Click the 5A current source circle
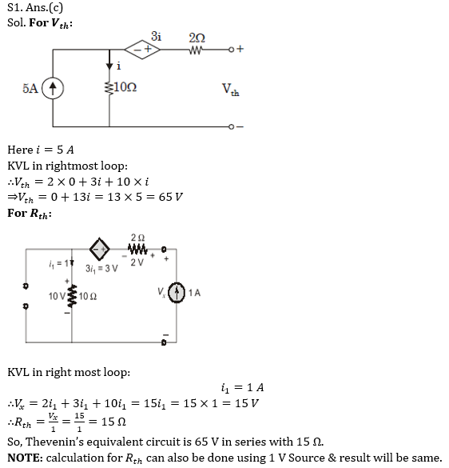pyautogui.click(x=53, y=88)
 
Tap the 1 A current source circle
pyautogui.click(x=177, y=293)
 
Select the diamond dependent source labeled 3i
pyautogui.click(x=142, y=50)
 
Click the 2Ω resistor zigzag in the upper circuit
pyautogui.click(x=197, y=50)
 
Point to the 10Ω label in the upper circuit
pyautogui.click(x=125, y=87)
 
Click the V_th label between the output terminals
pyautogui.click(x=230, y=90)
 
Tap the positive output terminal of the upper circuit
pyautogui.click(x=231, y=50)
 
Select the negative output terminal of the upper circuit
pyautogui.click(x=231, y=127)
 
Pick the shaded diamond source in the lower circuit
pyautogui.click(x=100, y=249)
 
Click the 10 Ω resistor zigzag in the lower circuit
pyautogui.click(x=72, y=296)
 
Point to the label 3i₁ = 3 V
pyautogui.click(x=101, y=269)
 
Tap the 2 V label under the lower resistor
pyautogui.click(x=137, y=262)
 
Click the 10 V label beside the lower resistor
pyautogui.click(x=57, y=296)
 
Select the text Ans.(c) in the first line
pyautogui.click(x=45, y=7)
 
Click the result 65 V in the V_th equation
pyautogui.click(x=170, y=197)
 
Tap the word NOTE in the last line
pyautogui.click(x=26, y=458)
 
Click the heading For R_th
pyautogui.click(x=30, y=214)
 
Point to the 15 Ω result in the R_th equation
pyautogui.click(x=113, y=422)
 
